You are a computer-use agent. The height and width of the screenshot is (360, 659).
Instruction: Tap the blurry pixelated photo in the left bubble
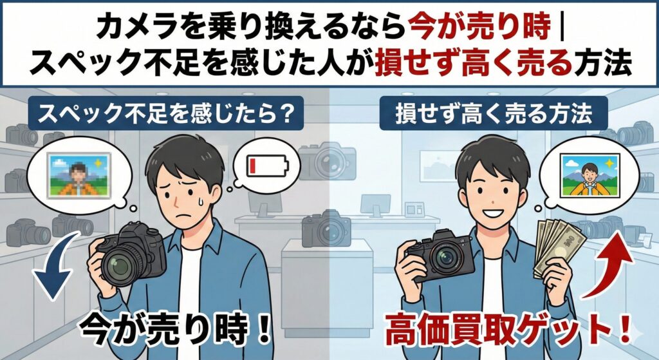[79, 175]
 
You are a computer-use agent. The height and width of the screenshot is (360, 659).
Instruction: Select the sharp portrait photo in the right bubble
[590, 176]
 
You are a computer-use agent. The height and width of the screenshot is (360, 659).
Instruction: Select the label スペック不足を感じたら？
[165, 113]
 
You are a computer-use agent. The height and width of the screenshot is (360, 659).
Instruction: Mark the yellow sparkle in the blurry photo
[98, 162]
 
